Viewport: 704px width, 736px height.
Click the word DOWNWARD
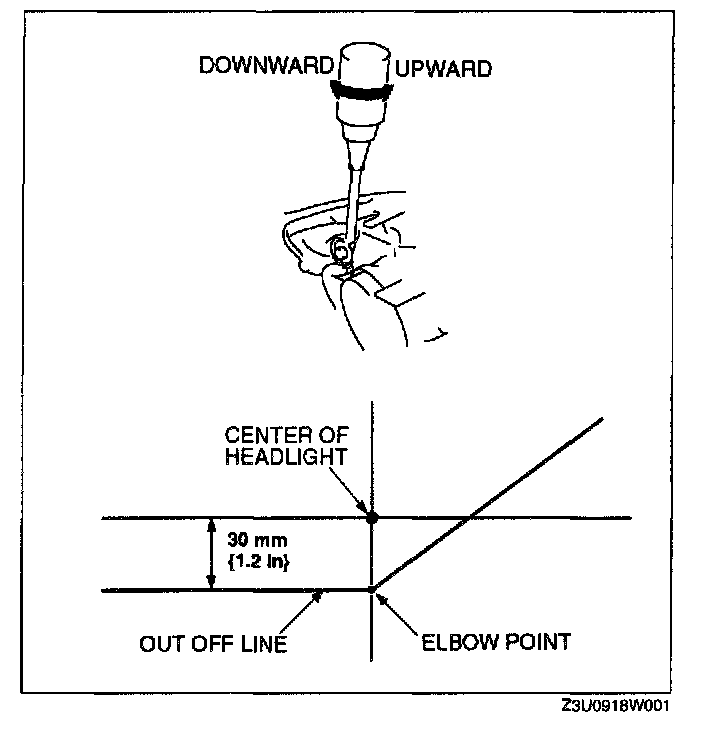266,67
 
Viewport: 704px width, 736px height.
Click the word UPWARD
443,69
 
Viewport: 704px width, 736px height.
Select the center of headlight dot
372,518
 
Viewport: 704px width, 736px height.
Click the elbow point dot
372,590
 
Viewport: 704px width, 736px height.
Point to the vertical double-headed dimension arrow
210,554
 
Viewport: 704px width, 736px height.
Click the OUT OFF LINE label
213,642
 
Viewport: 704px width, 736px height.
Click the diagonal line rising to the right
490,500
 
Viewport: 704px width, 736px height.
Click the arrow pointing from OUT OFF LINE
310,604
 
